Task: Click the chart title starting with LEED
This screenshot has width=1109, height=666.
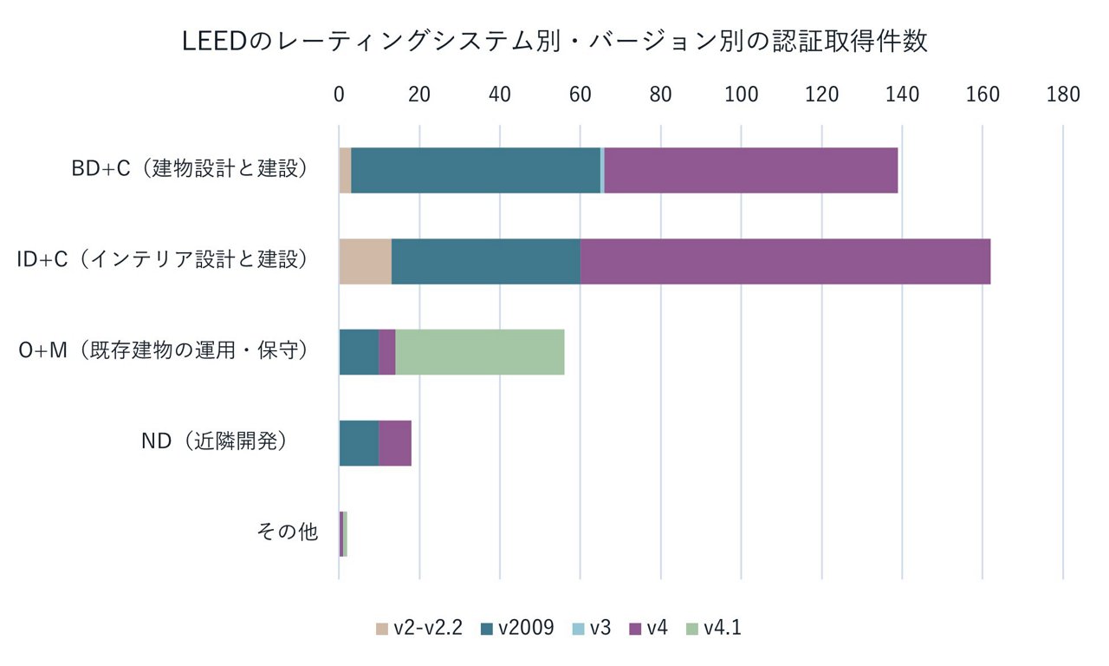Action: click(554, 42)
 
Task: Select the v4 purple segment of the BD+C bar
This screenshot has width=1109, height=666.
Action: click(750, 171)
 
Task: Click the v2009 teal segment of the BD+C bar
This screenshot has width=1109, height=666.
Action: click(475, 171)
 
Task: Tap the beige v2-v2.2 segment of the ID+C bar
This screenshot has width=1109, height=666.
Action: click(365, 261)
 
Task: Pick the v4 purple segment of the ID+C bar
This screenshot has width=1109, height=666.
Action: click(785, 261)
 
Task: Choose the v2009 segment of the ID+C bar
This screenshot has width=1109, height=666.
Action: click(485, 261)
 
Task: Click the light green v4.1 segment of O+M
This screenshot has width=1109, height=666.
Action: click(479, 352)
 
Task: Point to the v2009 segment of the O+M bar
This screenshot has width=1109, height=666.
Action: click(359, 352)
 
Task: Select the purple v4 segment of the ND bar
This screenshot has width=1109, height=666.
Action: click(394, 443)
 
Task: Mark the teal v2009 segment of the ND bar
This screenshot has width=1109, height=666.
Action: click(359, 443)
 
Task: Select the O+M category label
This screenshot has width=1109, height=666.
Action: click(165, 351)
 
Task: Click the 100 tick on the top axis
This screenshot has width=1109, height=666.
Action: click(741, 95)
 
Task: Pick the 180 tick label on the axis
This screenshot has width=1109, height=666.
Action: click(1062, 95)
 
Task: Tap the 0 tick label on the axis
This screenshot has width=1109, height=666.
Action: click(340, 95)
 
